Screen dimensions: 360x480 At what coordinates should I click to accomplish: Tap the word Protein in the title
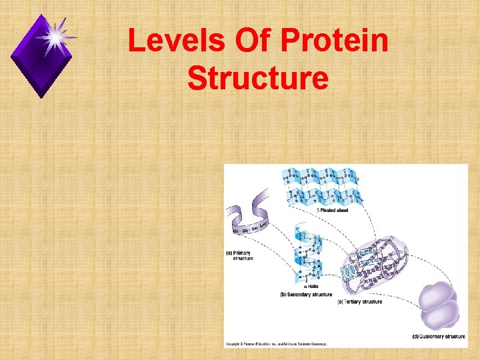(335, 41)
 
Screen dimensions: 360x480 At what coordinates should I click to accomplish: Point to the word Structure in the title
(258, 78)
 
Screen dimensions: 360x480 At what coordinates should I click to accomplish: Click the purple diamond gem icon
(41, 56)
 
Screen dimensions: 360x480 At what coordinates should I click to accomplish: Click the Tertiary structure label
(360, 302)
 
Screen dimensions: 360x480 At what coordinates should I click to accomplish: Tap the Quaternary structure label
(439, 336)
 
